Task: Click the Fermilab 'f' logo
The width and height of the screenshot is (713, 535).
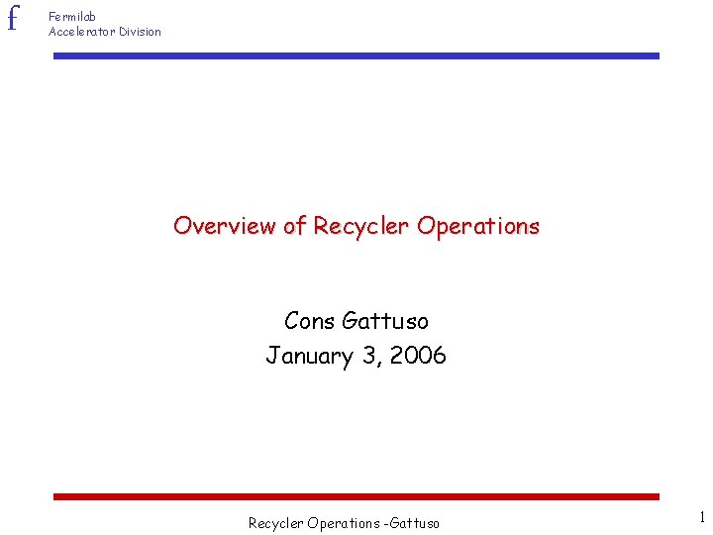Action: click(12, 19)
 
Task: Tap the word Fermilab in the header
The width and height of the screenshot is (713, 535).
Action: click(72, 17)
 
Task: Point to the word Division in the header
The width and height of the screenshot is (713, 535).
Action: click(140, 32)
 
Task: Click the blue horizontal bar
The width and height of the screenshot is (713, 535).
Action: click(356, 56)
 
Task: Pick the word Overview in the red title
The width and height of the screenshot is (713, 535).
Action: click(226, 226)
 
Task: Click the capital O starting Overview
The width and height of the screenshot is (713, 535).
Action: click(182, 226)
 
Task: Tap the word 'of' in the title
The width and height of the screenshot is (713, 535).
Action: click(295, 226)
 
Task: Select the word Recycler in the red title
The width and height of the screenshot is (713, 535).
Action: click(361, 226)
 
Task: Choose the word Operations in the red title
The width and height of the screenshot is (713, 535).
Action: click(478, 226)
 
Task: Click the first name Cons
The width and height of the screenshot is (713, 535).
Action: click(309, 321)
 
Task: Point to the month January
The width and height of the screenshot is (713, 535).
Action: click(309, 356)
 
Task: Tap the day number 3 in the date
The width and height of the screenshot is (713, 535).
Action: click(370, 356)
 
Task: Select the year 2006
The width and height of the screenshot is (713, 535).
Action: click(419, 356)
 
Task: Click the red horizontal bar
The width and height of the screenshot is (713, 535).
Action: click(356, 496)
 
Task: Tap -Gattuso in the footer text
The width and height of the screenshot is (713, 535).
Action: click(412, 523)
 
